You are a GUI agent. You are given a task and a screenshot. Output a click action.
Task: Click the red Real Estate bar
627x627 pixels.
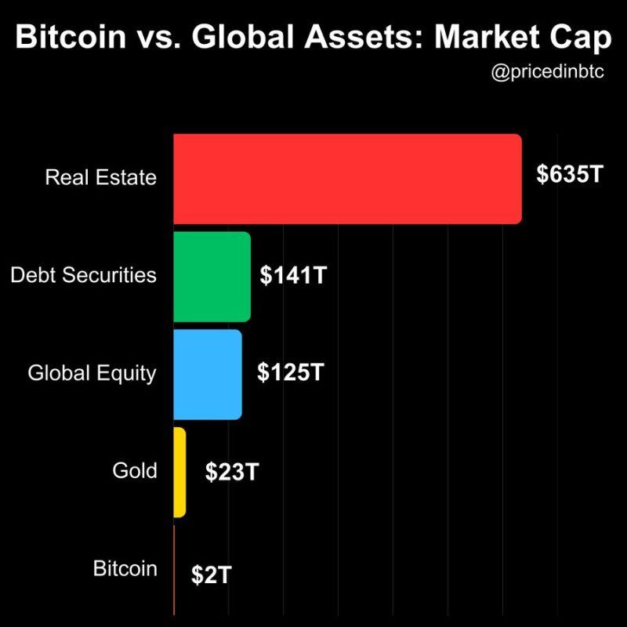(x=347, y=179)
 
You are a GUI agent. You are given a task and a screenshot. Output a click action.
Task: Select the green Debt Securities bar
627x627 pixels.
(x=212, y=277)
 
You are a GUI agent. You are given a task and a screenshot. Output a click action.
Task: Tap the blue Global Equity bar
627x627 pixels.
(x=208, y=375)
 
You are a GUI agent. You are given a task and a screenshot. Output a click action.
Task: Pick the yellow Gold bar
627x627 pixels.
(x=179, y=472)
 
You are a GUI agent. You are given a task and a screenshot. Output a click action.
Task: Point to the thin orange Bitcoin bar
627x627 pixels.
(x=174, y=570)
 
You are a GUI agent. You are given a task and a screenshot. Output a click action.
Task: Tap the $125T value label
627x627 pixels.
(x=290, y=372)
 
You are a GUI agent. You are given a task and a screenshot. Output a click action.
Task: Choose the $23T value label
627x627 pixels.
(x=232, y=472)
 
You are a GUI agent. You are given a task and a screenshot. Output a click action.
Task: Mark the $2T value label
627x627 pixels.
(x=211, y=574)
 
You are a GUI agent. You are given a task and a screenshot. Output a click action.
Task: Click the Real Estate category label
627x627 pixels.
(x=101, y=176)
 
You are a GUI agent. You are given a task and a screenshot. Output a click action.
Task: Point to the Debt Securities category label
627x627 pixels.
(x=83, y=275)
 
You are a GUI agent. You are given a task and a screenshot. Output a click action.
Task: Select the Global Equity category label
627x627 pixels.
(x=92, y=373)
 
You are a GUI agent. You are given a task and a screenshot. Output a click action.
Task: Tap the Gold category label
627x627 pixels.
(x=136, y=471)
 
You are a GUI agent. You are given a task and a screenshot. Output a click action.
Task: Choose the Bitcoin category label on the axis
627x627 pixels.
(x=125, y=568)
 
